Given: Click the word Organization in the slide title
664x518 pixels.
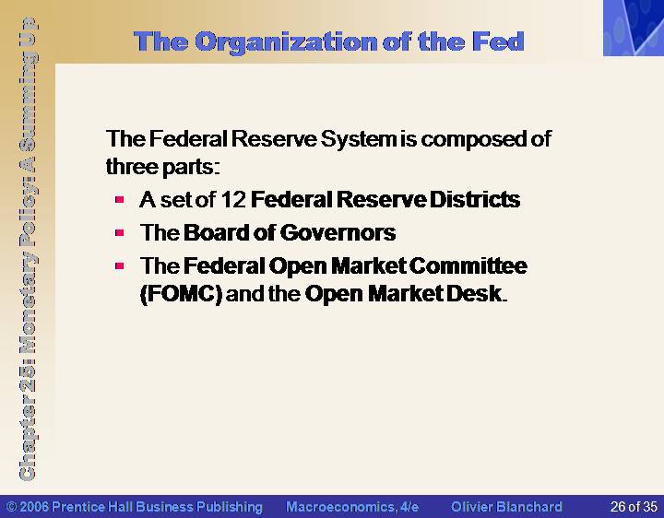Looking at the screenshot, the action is point(286,42).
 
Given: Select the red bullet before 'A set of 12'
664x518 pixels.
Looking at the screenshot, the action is point(119,199).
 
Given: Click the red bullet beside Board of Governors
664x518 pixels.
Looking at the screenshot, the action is point(119,232).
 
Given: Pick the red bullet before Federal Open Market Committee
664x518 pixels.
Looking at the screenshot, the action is point(119,265).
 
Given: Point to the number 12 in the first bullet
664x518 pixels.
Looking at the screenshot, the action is point(233,199).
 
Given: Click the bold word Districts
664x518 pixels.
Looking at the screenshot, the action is point(475,199).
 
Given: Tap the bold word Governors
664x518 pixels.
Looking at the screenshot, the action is point(338,233).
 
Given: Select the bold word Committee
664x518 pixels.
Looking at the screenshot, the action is point(468,265).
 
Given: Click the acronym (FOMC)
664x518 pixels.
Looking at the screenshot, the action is point(182,294).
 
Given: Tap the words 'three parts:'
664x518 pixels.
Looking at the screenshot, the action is point(163,167).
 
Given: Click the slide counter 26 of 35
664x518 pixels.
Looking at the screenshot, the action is point(634,507).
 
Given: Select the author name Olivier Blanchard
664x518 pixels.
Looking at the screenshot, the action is point(506,507).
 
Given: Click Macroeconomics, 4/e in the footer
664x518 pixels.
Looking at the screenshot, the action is point(352,507).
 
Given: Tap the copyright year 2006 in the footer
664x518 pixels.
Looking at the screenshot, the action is point(34,507).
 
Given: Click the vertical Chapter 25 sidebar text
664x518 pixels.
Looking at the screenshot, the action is point(28,249).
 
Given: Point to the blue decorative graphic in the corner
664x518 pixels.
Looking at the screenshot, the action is point(634,28).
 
